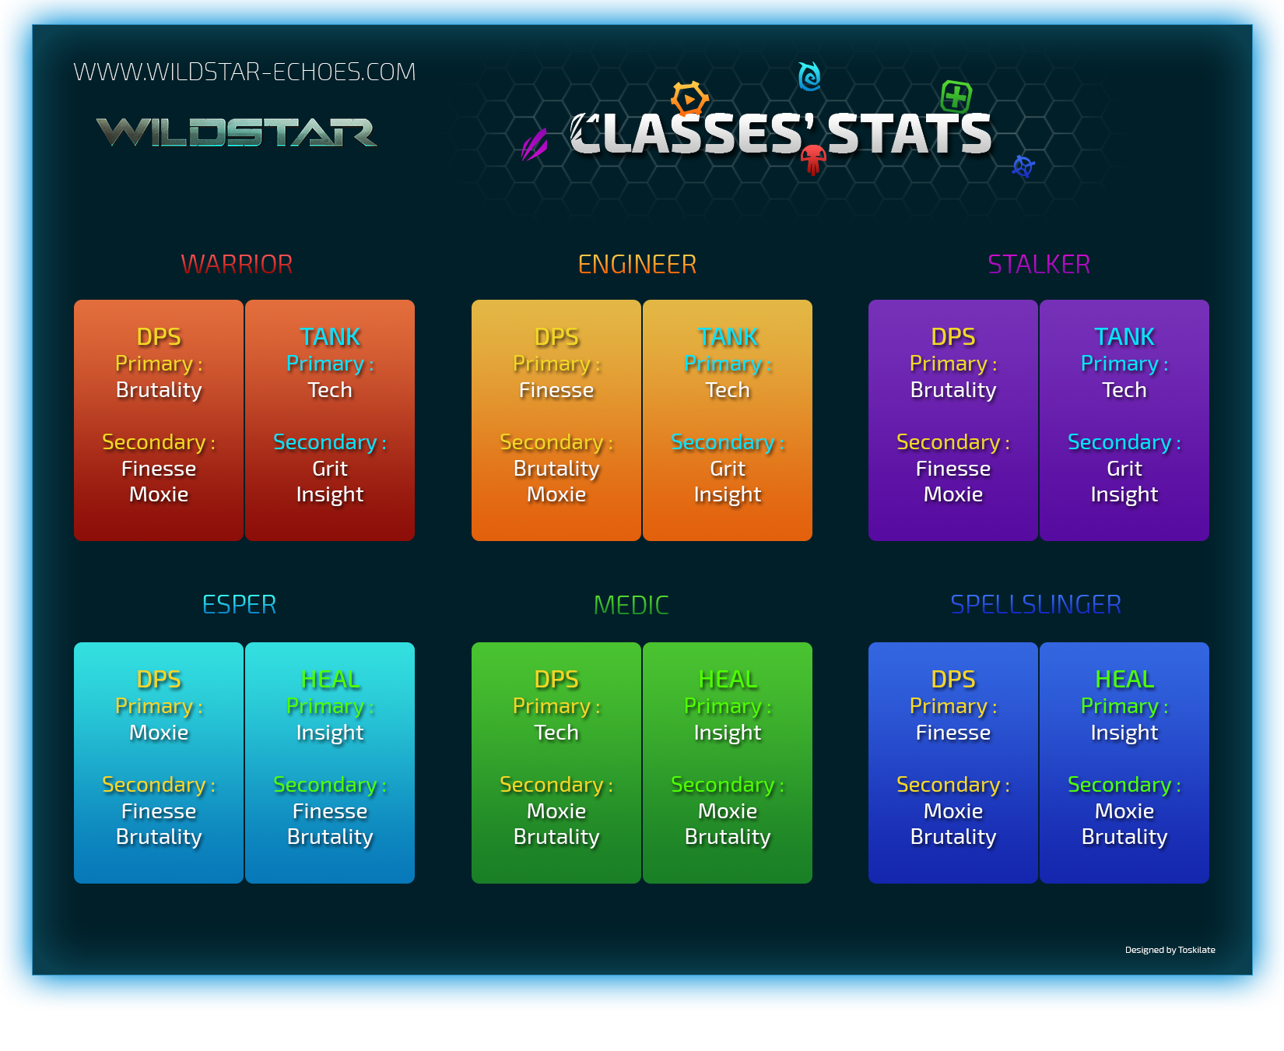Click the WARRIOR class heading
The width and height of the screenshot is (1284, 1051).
pyautogui.click(x=237, y=265)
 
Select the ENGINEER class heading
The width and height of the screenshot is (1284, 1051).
pyautogui.click(x=637, y=265)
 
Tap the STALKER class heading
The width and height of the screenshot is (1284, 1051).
pyautogui.click(x=1039, y=265)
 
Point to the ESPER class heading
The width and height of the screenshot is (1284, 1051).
pyautogui.click(x=239, y=605)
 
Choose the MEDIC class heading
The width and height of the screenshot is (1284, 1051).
pyautogui.click(x=631, y=605)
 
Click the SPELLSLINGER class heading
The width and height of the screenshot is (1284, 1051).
pyautogui.click(x=1036, y=605)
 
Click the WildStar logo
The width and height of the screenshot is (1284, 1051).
pyautogui.click(x=237, y=132)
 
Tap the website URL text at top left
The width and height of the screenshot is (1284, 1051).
pyautogui.click(x=244, y=72)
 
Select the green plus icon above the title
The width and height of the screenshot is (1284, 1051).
pyautogui.click(x=956, y=97)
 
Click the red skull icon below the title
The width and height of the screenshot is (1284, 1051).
pyautogui.click(x=813, y=160)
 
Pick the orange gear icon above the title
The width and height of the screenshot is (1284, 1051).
pyautogui.click(x=689, y=99)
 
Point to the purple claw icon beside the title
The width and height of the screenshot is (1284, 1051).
pyautogui.click(x=535, y=145)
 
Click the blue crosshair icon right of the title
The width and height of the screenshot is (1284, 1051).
pyautogui.click(x=1023, y=166)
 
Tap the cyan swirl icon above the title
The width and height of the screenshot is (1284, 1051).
pyautogui.click(x=809, y=76)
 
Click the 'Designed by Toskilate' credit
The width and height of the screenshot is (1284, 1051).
pyautogui.click(x=1170, y=950)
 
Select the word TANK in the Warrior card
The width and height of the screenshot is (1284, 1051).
pyautogui.click(x=330, y=337)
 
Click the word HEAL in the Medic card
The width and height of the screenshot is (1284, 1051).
pyautogui.click(x=728, y=680)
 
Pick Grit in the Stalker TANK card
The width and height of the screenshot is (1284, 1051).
pyautogui.click(x=1124, y=469)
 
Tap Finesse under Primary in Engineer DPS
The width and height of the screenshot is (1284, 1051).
pyautogui.click(x=556, y=390)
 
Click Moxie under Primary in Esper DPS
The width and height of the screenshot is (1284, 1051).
pyautogui.click(x=159, y=733)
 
